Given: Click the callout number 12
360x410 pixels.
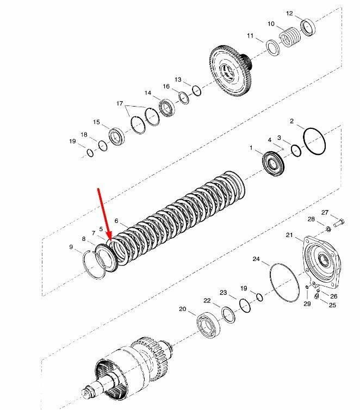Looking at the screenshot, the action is (x=289, y=14).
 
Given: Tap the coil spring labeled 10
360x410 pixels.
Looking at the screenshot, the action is (x=289, y=37).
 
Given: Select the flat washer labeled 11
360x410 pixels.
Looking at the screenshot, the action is (x=273, y=48).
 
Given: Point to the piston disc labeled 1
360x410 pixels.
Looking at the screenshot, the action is (x=272, y=163).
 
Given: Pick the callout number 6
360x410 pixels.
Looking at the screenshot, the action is (x=116, y=221).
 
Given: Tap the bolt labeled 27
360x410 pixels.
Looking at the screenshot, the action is (x=339, y=223).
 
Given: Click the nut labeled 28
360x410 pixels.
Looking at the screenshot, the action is (x=328, y=229).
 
